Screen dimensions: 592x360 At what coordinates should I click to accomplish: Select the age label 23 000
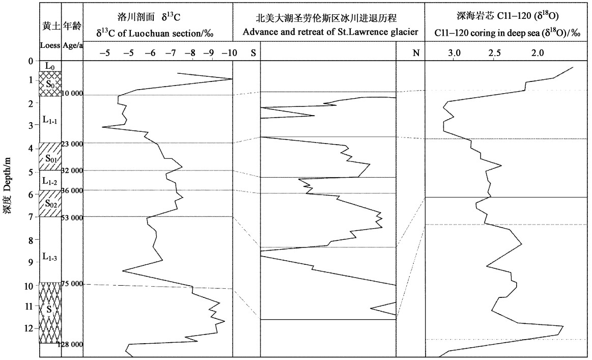click(x=72, y=144)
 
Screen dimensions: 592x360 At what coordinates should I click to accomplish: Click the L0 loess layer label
click(x=50, y=66)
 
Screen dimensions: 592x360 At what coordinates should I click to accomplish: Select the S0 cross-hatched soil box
click(x=50, y=84)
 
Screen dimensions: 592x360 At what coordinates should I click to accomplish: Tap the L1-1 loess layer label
click(x=50, y=120)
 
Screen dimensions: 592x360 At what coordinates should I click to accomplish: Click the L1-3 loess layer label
click(x=50, y=258)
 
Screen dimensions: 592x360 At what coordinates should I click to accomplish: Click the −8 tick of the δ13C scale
click(x=190, y=52)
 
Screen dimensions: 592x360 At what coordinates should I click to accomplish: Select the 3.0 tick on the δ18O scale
click(x=454, y=52)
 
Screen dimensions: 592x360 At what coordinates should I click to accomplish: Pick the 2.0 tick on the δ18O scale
click(x=538, y=52)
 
